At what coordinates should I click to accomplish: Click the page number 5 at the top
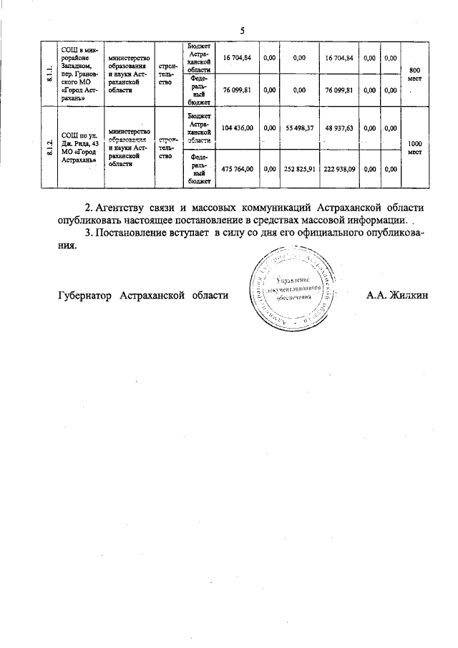point(243,30)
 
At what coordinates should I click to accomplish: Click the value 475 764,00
point(238,169)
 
